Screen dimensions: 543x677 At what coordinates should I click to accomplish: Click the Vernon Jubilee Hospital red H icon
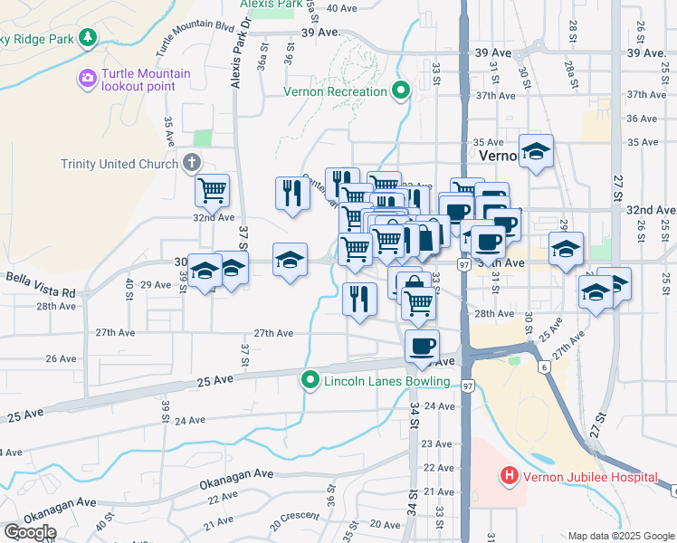tap(509, 475)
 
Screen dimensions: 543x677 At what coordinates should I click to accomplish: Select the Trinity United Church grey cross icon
tap(191, 163)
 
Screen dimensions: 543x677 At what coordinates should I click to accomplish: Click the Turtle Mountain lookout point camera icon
tap(88, 79)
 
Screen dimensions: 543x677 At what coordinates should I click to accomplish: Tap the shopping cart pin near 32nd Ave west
tap(212, 191)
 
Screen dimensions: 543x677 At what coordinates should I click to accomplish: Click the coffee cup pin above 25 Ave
tap(422, 345)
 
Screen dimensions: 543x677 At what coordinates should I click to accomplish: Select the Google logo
tap(30, 531)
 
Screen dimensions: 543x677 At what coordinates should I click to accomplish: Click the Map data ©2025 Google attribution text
tap(620, 536)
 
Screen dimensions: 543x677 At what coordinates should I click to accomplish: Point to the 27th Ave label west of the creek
tap(273, 333)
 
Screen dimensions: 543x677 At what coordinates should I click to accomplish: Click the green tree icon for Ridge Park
tap(88, 38)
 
